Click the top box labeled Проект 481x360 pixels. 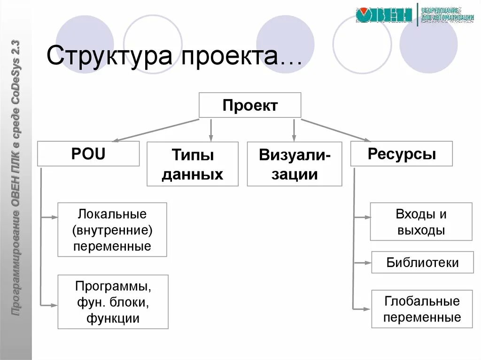point(250,105)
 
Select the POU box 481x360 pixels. point(88,154)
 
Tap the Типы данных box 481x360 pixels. point(193,164)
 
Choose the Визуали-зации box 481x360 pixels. point(295,164)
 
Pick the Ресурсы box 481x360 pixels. point(402,154)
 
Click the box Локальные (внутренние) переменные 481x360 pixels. point(112,230)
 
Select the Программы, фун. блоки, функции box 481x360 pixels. point(113,302)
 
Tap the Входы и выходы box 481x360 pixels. point(421,222)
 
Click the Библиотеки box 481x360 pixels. point(422,262)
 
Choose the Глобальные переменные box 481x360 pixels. point(422,309)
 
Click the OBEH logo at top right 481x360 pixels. point(384,15)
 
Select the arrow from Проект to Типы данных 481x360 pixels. point(211,130)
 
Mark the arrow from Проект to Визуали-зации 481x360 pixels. point(294,130)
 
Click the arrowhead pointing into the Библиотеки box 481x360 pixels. point(368,263)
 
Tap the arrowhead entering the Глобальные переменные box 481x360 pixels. point(368,309)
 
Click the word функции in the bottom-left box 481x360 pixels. point(113,319)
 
